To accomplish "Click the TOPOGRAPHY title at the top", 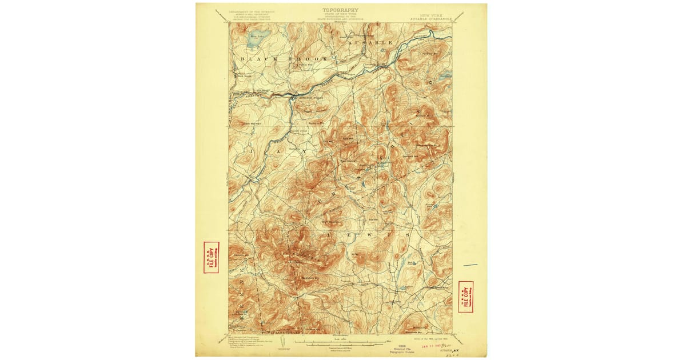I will (x=341, y=10).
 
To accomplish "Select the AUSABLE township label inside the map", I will (x=372, y=43).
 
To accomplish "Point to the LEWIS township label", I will (x=366, y=234).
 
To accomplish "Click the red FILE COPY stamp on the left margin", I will (x=211, y=257).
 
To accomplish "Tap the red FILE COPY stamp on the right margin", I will (x=466, y=296).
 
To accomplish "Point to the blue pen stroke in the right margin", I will (x=470, y=265).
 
